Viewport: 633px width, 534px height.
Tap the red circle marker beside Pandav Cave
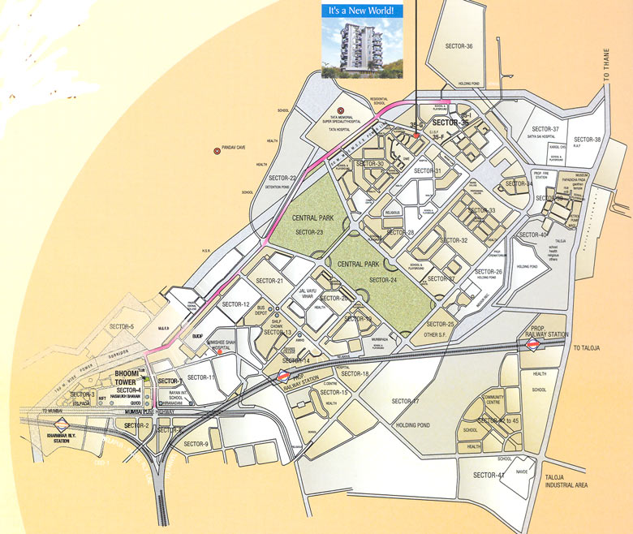coord(217,150)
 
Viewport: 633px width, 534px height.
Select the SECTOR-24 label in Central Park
coord(384,280)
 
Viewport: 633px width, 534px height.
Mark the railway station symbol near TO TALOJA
coord(533,345)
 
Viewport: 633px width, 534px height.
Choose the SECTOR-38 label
coord(586,140)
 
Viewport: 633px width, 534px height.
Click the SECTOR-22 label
coord(282,178)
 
